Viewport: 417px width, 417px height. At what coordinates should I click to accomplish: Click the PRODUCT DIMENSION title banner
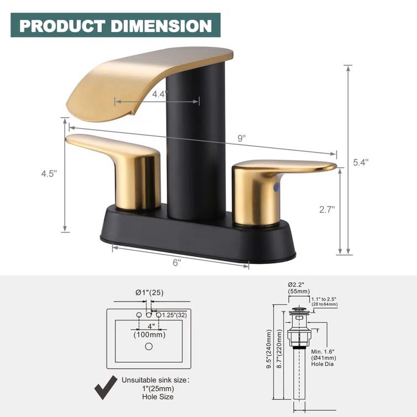(x=115, y=25)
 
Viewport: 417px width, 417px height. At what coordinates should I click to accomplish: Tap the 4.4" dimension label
(x=159, y=94)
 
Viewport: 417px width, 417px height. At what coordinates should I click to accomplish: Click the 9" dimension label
(x=241, y=139)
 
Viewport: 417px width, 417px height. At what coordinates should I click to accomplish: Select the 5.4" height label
(x=361, y=162)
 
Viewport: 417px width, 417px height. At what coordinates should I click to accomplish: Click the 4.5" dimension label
(x=49, y=173)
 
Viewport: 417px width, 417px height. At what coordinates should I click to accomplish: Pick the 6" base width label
(x=177, y=263)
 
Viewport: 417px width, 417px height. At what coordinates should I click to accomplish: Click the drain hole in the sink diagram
(x=148, y=346)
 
